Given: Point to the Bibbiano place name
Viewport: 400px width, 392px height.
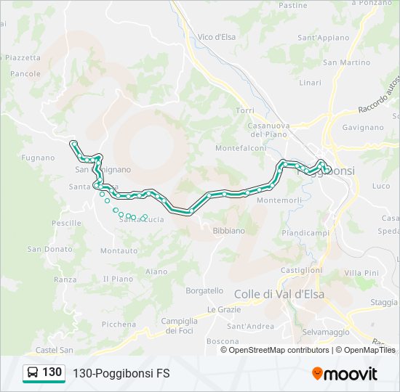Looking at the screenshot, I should (228, 230).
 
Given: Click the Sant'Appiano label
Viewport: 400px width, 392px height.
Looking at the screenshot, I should (323, 37).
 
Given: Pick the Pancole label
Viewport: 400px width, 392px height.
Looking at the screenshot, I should (25, 74).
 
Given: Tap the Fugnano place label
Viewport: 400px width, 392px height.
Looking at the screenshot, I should (38, 158).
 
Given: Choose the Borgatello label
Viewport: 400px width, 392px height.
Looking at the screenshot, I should (204, 290).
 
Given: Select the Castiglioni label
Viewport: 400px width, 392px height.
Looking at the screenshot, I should (301, 269).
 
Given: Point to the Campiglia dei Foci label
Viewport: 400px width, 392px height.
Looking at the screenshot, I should (179, 325).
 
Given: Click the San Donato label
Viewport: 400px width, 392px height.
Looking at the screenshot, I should (50, 249).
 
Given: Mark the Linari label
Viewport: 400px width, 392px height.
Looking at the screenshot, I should (310, 83).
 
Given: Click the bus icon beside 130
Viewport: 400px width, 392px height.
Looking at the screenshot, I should (33, 373).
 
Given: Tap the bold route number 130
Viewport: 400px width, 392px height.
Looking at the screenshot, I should (52, 372).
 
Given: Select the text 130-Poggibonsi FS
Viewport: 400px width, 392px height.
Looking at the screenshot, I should (121, 373).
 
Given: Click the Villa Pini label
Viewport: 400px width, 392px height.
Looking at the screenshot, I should (361, 272).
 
